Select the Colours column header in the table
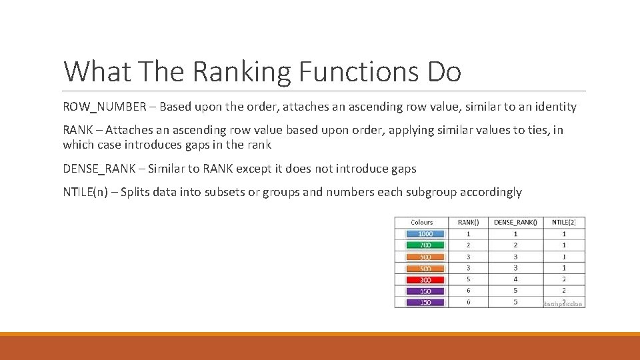click(x=421, y=222)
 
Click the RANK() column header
click(x=468, y=222)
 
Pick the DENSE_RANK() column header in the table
click(x=515, y=222)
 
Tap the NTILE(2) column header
click(x=564, y=222)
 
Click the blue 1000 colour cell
click(x=425, y=234)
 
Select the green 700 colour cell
click(x=425, y=245)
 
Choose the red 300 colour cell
click(x=425, y=280)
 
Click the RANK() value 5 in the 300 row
click(x=468, y=280)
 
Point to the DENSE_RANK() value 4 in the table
click(x=515, y=280)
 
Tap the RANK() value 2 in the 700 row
click(x=468, y=245)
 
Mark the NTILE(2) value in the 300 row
click(x=564, y=280)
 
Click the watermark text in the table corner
click(x=563, y=303)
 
